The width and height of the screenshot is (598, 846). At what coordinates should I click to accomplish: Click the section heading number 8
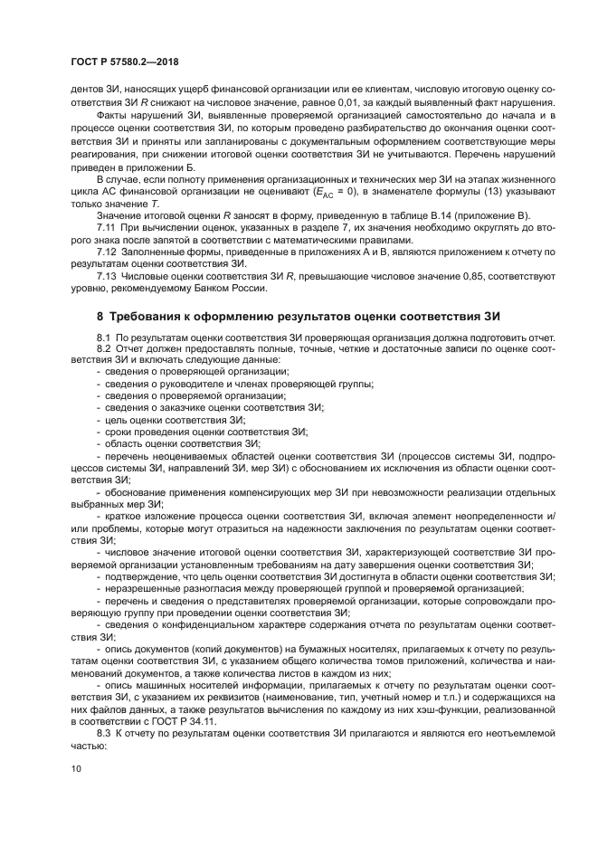click(100, 316)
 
